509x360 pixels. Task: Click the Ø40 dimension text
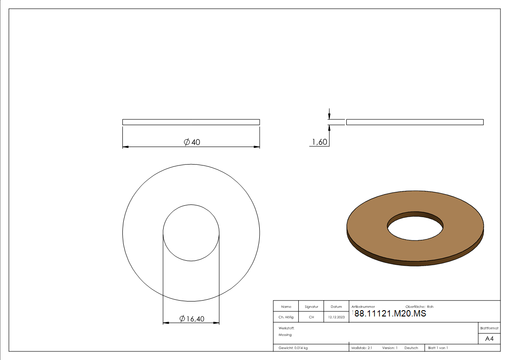[192, 142]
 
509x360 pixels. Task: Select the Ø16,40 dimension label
[192, 319]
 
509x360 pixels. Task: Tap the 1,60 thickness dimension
[320, 142]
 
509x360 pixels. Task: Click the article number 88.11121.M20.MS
[390, 314]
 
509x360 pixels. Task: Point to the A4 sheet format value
[489, 339]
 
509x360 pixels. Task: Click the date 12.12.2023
[336, 317]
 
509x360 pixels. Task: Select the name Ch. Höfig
[286, 317]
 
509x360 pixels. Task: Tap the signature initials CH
[311, 317]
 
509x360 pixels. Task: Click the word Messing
[285, 335]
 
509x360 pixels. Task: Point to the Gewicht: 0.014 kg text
[293, 348]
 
